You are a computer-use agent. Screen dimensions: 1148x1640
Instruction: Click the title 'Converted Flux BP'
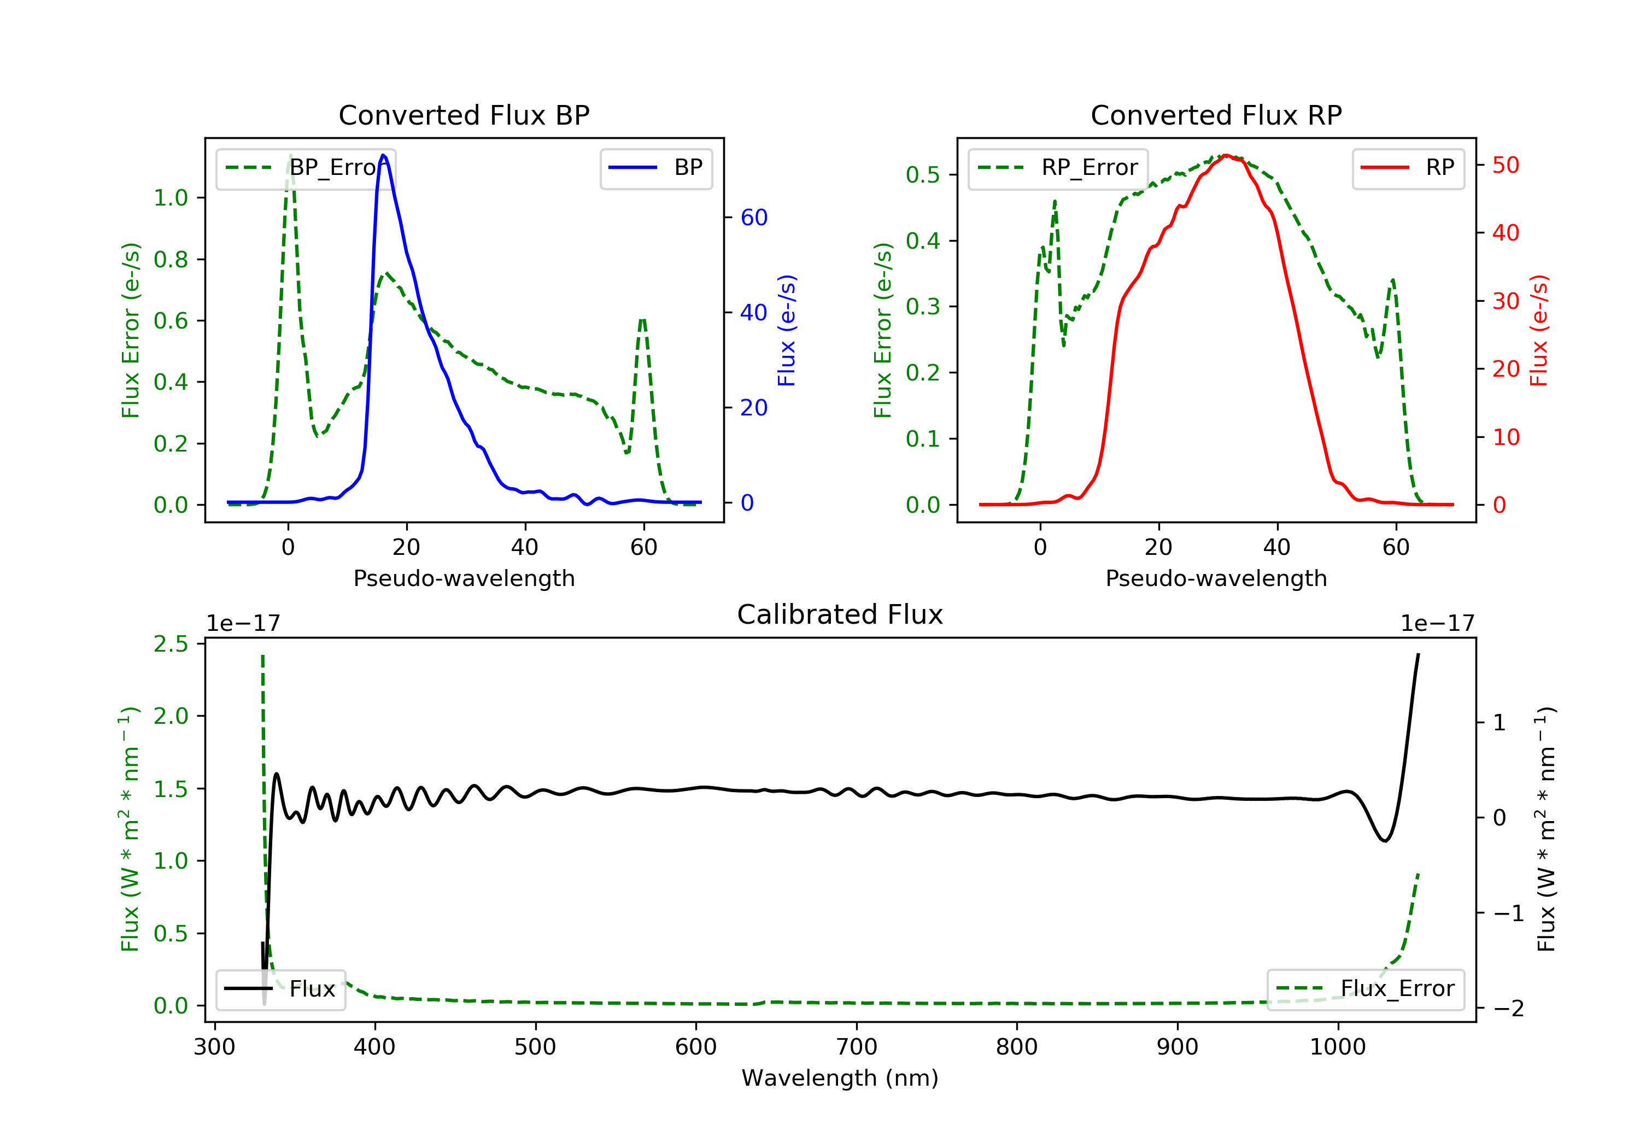tap(464, 115)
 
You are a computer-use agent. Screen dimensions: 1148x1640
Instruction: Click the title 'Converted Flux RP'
tap(1216, 115)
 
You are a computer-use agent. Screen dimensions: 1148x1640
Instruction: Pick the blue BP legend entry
tap(655, 168)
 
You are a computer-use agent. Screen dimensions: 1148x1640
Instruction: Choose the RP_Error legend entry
tap(1058, 168)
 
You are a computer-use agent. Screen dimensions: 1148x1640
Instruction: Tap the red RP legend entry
tap(1408, 168)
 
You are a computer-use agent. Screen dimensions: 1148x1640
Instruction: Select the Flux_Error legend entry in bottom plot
tap(1365, 989)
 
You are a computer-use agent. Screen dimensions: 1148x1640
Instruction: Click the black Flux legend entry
tap(280, 989)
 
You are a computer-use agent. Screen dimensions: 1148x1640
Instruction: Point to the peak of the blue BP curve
tap(384, 155)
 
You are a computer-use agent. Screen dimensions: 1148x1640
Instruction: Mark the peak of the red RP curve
tap(1226, 155)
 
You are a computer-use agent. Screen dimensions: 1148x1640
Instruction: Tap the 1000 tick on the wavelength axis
tap(1337, 1047)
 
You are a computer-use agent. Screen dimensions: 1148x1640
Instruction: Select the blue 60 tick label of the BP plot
tap(753, 217)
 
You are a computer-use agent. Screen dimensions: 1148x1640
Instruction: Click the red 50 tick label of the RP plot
tap(1506, 165)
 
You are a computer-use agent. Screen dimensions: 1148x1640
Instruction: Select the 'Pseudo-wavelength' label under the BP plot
tap(464, 578)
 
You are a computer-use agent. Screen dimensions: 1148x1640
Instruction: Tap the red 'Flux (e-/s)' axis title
tap(1538, 330)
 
